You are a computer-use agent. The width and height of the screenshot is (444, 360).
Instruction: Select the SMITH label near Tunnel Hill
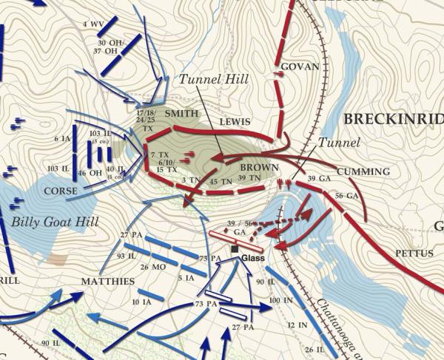[182, 114]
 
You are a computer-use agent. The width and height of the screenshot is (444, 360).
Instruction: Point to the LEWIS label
[235, 122]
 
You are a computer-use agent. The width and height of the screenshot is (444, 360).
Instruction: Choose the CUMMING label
[369, 171]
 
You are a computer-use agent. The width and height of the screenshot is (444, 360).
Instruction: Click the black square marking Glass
[235, 249]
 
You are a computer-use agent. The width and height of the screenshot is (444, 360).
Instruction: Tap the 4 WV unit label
[93, 24]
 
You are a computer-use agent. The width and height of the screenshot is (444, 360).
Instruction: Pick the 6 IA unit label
[61, 139]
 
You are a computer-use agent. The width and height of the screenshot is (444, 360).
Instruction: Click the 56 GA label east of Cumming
[347, 195]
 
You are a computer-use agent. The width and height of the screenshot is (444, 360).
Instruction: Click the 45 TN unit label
[221, 181]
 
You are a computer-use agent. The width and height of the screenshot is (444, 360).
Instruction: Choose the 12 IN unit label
[297, 325]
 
